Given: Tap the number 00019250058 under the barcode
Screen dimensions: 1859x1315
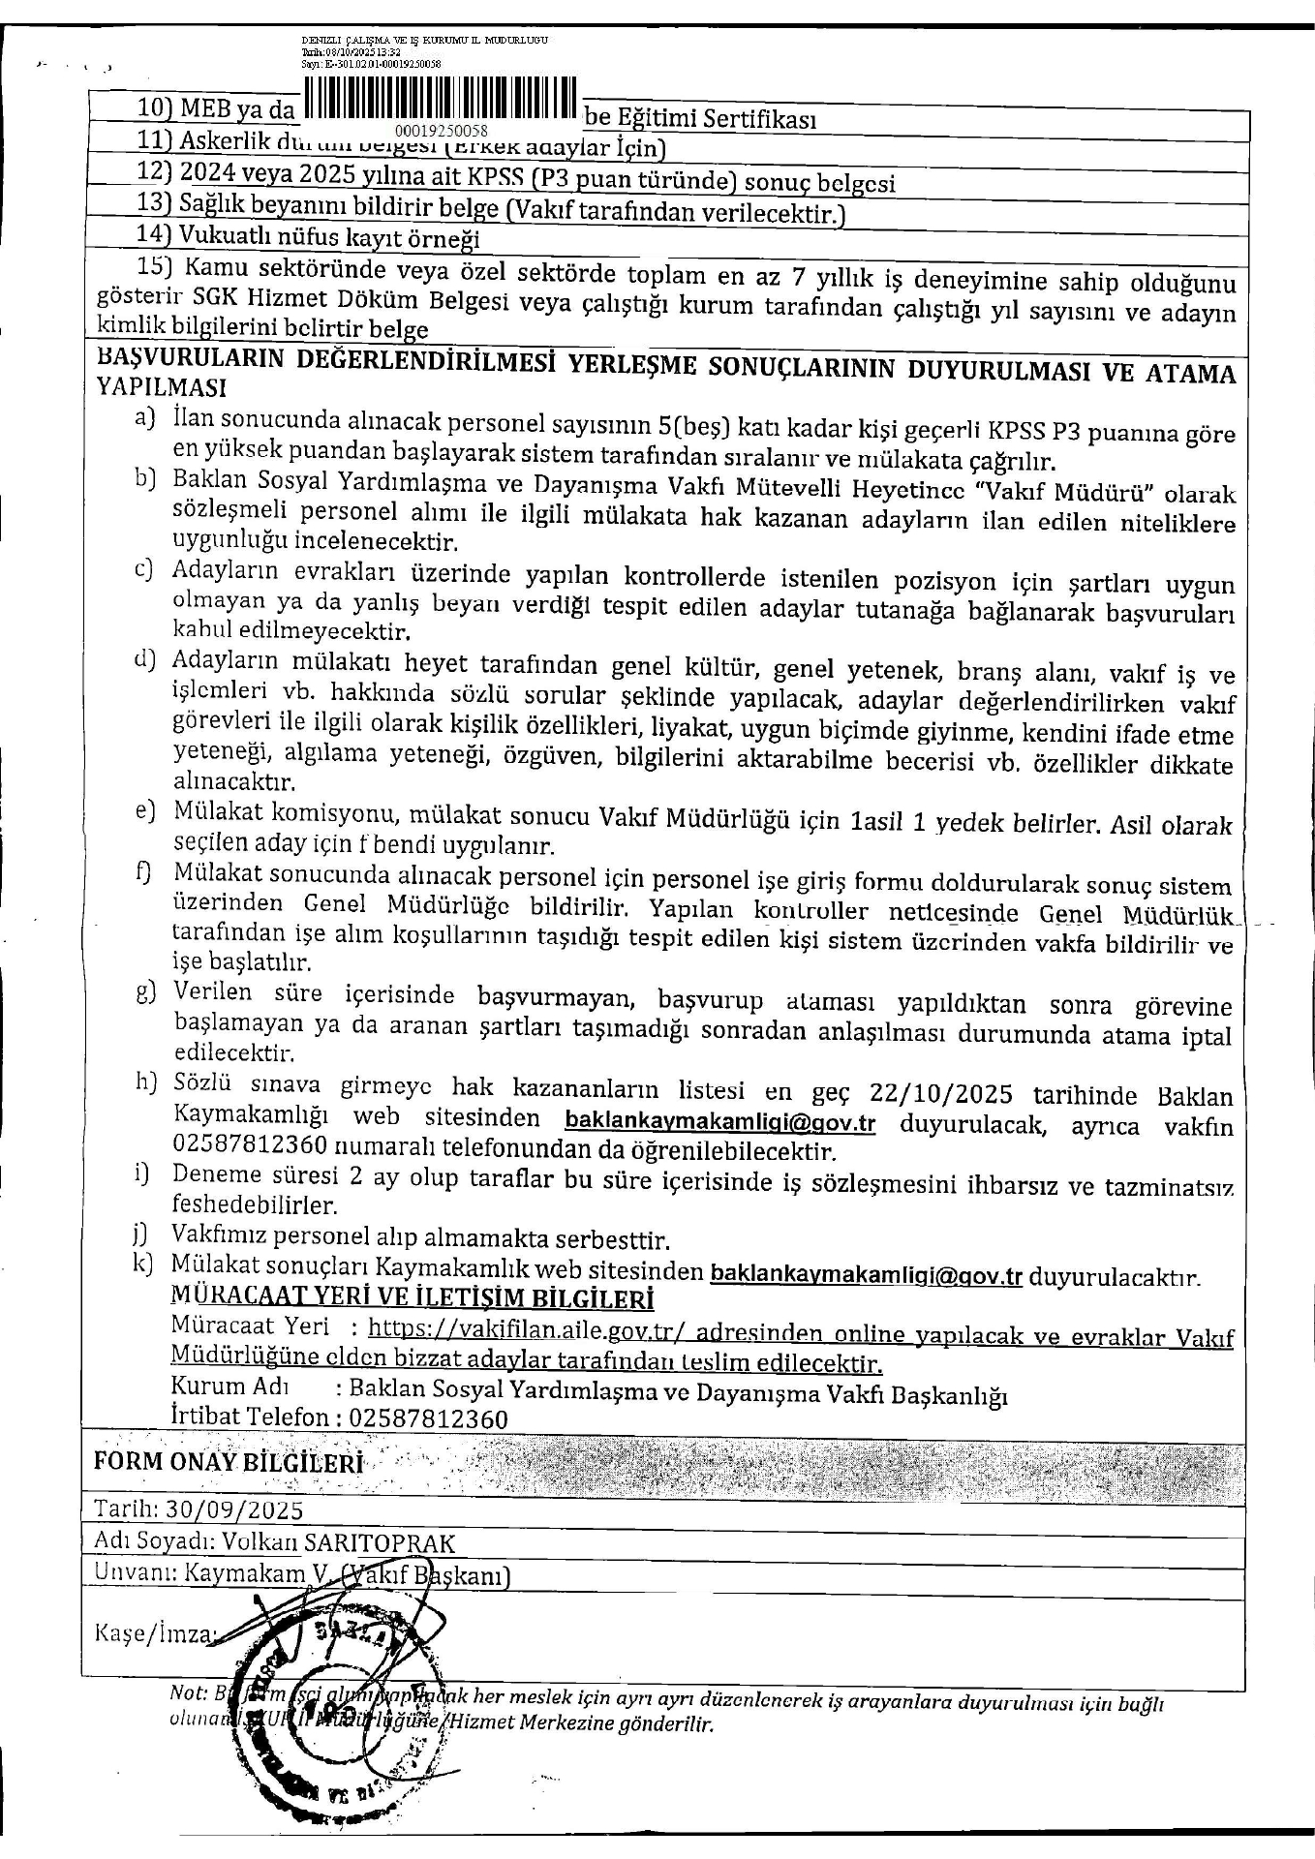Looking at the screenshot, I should [x=442, y=130].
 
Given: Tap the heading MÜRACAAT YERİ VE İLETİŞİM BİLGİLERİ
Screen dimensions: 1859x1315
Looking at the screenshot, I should [x=412, y=1298].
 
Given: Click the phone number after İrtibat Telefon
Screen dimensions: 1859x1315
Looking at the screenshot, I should [x=428, y=1419].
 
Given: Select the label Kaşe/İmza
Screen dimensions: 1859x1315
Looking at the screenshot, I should [x=153, y=1633].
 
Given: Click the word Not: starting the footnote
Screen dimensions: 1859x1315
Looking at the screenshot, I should [x=187, y=1693].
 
